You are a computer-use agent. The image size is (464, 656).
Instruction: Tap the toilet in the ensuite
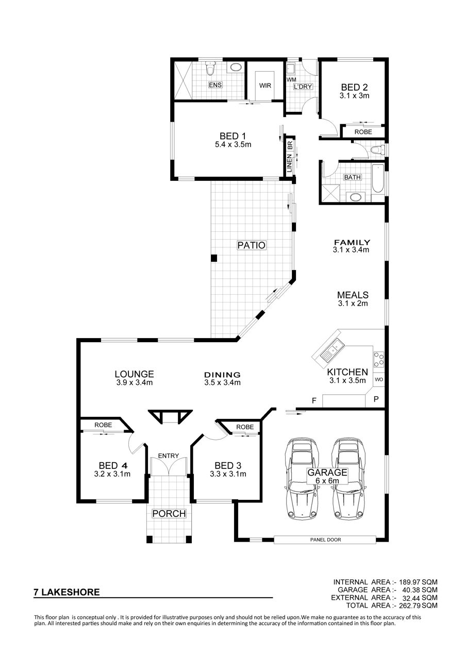[210, 68]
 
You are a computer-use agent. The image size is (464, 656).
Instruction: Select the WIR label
[265, 86]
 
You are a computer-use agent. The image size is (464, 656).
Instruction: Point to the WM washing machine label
[291, 80]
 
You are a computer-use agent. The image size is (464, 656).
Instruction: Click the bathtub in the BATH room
[378, 179]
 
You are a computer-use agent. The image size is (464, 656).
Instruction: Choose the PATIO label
[252, 245]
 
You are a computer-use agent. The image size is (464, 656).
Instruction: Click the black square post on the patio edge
[214, 258]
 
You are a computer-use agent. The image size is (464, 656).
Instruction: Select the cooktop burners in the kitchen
[378, 360]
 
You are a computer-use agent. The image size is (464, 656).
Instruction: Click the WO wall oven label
[379, 380]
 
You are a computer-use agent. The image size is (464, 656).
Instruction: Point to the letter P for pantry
[376, 399]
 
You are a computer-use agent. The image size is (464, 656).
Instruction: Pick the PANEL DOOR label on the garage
[325, 540]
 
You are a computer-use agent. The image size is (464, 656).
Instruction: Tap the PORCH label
[169, 513]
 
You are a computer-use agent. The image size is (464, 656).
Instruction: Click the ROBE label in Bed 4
[103, 425]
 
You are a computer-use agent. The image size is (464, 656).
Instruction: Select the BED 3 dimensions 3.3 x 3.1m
[228, 474]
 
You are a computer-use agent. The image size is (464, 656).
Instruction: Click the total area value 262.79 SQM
[418, 605]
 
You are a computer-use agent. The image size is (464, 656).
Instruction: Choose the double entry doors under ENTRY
[169, 466]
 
